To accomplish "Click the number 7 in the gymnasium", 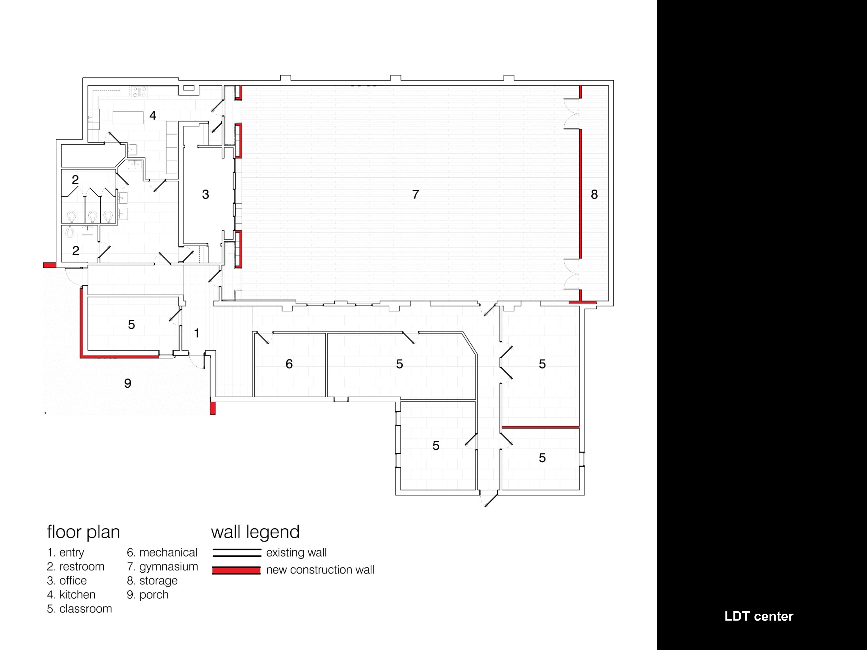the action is coord(416,194).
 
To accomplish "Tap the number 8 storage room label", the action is coord(594,194).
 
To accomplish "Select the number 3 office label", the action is coord(205,194).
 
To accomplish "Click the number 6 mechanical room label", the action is coord(289,364).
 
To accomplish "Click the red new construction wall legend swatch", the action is coord(236,570).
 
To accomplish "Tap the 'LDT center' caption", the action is coord(759,616).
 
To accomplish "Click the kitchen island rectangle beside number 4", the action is coord(128,117).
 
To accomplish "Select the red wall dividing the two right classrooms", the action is coord(541,427).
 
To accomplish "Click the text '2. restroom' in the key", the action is coord(76,567).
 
